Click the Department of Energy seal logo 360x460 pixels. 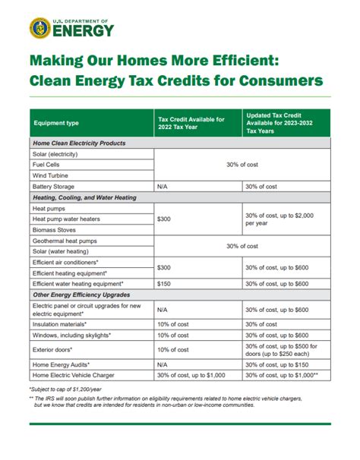pos(40,29)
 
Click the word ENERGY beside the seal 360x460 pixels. pos(84,31)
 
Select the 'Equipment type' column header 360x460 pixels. pos(55,124)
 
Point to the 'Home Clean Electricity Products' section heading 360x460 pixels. pos(79,143)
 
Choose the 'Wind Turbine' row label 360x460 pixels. pos(50,175)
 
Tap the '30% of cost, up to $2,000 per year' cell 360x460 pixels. pos(279,219)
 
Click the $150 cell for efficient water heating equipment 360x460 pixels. pos(164,283)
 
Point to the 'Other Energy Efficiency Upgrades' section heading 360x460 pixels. pos(82,294)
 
